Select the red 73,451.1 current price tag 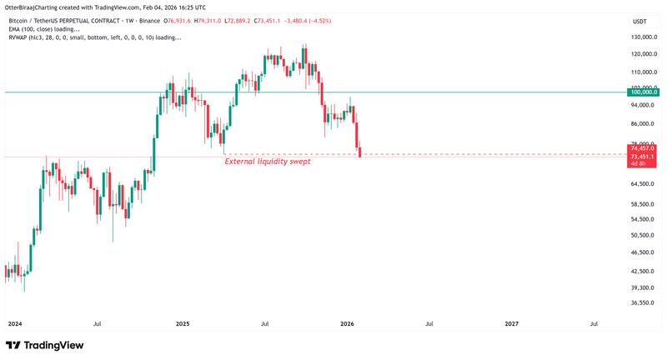(x=643, y=157)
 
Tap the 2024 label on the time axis (x=15, y=322)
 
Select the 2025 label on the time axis (x=183, y=322)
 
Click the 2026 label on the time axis (x=347, y=322)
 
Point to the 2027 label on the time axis (x=512, y=322)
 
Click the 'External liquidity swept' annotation (x=268, y=162)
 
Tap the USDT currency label (x=640, y=21)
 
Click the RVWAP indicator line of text (x=94, y=37)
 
